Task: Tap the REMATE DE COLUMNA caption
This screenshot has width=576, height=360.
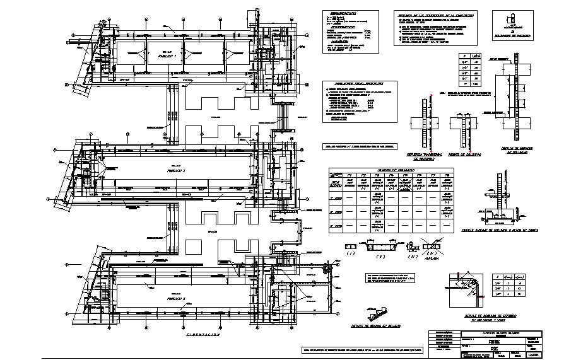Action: [466, 153]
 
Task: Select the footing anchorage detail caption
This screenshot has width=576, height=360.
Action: [502, 231]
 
